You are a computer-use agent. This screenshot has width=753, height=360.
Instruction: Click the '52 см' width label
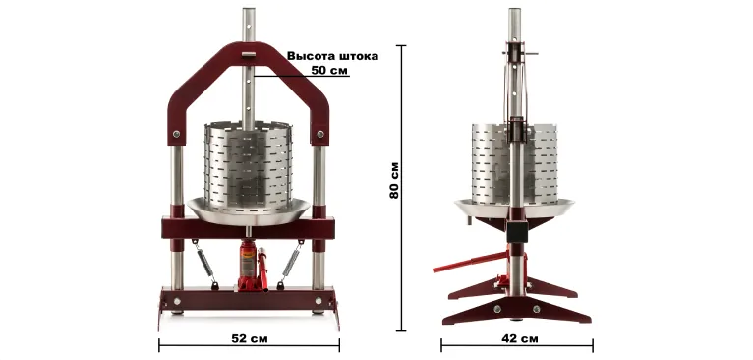click(x=250, y=338)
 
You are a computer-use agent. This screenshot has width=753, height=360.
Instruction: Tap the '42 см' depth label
click(x=520, y=338)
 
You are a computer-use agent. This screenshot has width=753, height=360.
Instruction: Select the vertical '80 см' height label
click(x=394, y=180)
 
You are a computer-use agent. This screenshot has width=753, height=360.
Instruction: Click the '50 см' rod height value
click(x=329, y=70)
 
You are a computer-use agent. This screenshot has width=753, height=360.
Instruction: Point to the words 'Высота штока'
click(x=333, y=56)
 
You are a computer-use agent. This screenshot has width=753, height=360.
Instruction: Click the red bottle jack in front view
click(x=248, y=266)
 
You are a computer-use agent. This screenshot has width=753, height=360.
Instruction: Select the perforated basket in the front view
click(x=248, y=168)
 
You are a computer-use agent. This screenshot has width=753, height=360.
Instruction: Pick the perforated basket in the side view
click(x=514, y=163)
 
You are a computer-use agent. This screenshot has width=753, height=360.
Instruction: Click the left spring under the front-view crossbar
click(x=205, y=264)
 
